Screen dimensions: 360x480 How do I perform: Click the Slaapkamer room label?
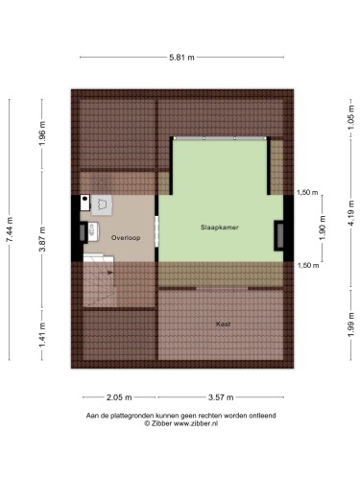[220, 228]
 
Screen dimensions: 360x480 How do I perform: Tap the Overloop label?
[126, 238]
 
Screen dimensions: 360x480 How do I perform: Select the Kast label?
[223, 324]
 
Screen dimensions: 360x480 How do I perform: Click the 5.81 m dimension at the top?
[181, 58]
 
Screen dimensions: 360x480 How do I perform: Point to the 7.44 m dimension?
[10, 229]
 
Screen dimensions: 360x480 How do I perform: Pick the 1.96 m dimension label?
[42, 133]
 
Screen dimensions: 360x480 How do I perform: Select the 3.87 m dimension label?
[42, 239]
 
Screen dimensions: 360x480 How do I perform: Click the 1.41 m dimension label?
[42, 334]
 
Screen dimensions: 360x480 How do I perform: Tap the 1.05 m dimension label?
[351, 117]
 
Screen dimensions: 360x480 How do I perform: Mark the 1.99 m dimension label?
[351, 324]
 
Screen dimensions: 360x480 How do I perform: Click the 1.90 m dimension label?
[323, 228]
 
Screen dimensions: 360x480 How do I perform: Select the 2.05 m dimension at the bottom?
[119, 397]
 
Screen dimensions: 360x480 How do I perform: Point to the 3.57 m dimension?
[221, 397]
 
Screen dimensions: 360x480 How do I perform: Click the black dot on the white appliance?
[84, 199]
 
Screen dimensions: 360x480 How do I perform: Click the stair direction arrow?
[110, 273]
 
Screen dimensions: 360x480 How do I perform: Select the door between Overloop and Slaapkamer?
[156, 231]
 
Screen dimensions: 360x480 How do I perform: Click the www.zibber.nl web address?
[196, 423]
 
